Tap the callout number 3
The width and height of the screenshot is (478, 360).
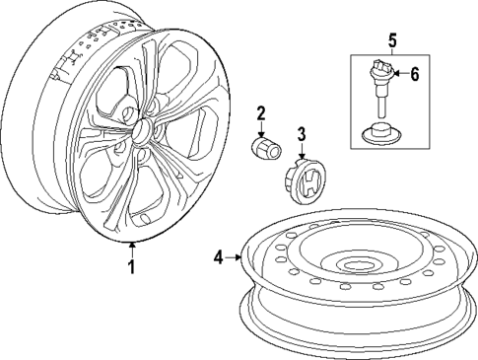coord(303,134)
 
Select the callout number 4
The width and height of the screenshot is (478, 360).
coord(218,258)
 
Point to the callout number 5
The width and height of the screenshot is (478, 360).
coord(391,40)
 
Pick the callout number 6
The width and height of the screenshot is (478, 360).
coord(414,73)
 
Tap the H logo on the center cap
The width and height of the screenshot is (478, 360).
coord(307,180)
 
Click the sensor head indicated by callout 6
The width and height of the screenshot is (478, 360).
coord(380,73)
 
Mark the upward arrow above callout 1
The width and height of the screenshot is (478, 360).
coord(131,247)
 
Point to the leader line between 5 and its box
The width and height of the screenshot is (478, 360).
coord(391,51)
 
